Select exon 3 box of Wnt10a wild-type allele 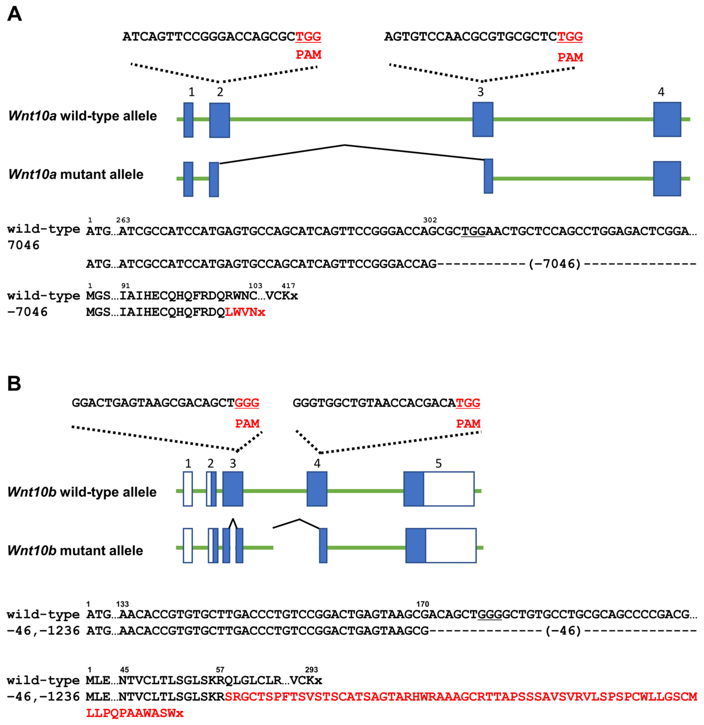pyautogui.click(x=483, y=120)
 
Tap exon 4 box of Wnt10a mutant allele pyautogui.click(x=667, y=179)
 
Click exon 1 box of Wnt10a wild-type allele pyautogui.click(x=188, y=120)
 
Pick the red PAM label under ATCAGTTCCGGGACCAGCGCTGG pyautogui.click(x=308, y=55)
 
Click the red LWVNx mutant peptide pyautogui.click(x=245, y=312)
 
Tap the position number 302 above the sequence pyautogui.click(x=430, y=220)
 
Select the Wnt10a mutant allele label pyautogui.click(x=76, y=174)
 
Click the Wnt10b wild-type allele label pyautogui.click(x=82, y=492)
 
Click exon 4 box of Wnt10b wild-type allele pyautogui.click(x=317, y=489)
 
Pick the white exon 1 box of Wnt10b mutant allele pyautogui.click(x=188, y=546)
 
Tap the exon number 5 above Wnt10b pyautogui.click(x=438, y=463)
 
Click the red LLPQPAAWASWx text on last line pyautogui.click(x=135, y=713)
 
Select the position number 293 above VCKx pyautogui.click(x=311, y=670)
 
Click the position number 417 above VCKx pyautogui.click(x=288, y=285)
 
